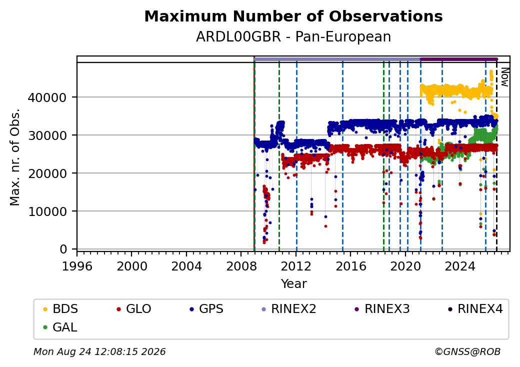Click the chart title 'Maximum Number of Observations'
pos(293,16)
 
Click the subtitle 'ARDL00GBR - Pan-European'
pos(293,36)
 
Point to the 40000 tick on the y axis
pos(47,97)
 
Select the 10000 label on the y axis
pos(47,211)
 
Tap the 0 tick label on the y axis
pos(63,249)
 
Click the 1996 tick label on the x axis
pos(77,266)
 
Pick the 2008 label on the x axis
pos(241,266)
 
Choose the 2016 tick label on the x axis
pos(350,266)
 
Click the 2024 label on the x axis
pos(460,266)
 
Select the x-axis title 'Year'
pos(293,284)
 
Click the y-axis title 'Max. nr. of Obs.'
pos(15,157)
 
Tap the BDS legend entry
pos(60,309)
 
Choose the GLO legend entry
pos(133,309)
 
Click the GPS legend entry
pos(206,309)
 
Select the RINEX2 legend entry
pos(288,309)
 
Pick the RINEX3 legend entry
pos(382,309)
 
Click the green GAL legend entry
pos(60,327)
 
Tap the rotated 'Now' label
pos(504,77)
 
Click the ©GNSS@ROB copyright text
pos(467,351)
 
